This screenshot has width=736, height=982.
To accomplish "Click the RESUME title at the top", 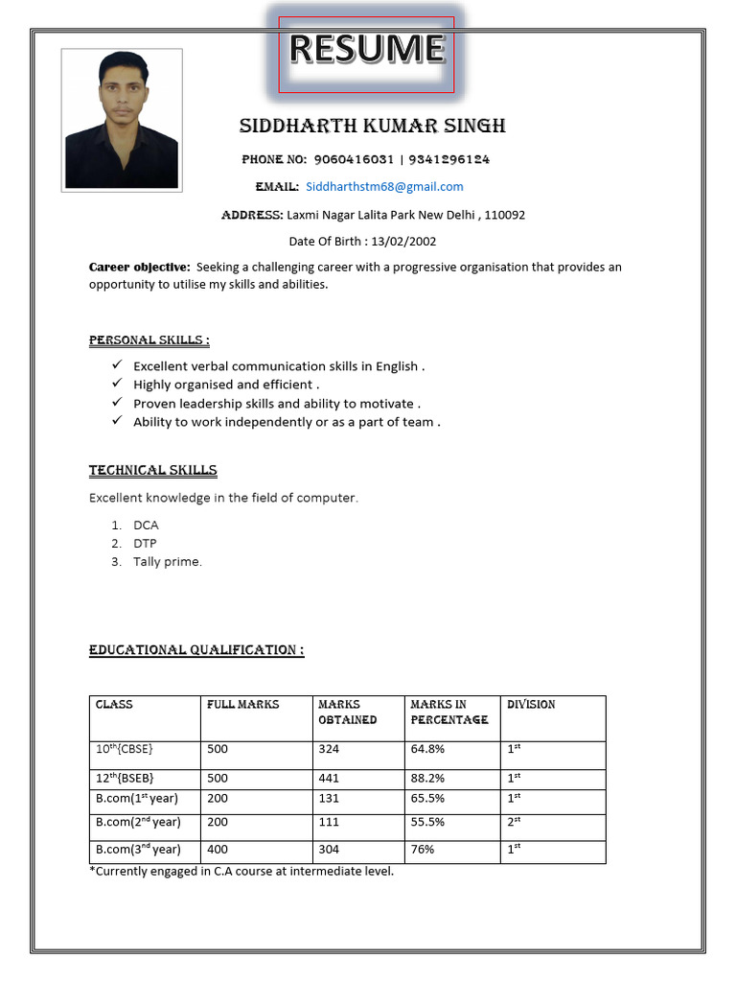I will click(x=367, y=50).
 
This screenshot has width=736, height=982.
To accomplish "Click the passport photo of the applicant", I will click(x=122, y=120).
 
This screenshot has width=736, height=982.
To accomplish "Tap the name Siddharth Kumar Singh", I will click(x=372, y=127).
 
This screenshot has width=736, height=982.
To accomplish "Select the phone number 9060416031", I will click(x=354, y=159).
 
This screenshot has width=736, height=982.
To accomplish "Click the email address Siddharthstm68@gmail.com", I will click(x=384, y=187).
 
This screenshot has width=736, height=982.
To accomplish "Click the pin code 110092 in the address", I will click(x=505, y=215).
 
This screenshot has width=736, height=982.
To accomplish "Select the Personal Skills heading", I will click(x=149, y=340).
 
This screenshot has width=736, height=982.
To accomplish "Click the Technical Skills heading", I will click(x=153, y=471).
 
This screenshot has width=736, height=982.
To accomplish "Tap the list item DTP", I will click(x=145, y=544).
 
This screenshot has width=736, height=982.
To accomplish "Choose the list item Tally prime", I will click(x=168, y=562).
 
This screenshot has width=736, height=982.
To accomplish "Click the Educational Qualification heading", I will click(x=196, y=650).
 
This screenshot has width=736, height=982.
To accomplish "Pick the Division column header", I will click(x=531, y=705).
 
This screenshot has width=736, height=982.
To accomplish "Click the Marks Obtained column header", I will click(x=347, y=712).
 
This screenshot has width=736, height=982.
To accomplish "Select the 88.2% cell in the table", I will click(x=427, y=779).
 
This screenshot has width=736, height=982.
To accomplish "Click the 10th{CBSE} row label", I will click(x=125, y=749).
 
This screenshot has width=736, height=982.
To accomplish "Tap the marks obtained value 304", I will click(x=329, y=850).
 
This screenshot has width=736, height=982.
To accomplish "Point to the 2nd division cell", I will click(x=514, y=822).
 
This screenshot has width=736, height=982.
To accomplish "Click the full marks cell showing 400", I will click(x=218, y=850).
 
